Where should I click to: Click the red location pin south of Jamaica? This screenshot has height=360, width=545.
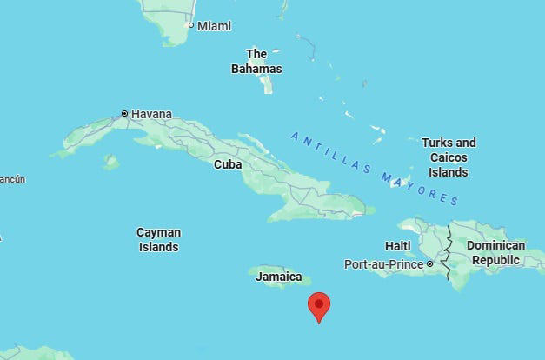coord(319,305)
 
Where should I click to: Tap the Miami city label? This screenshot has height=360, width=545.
coord(214,26)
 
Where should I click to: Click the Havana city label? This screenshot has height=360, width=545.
coord(151,114)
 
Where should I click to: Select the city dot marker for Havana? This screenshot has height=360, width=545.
coord(124,113)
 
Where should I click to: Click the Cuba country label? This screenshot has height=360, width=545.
coord(227,163)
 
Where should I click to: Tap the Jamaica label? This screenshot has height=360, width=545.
coord(278,277)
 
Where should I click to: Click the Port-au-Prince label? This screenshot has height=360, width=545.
coord(383,263)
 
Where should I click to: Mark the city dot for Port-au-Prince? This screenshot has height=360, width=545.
coord(429,263)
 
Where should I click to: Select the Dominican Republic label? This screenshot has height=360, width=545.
coord(495,252)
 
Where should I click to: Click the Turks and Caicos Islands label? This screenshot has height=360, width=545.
coord(449,157)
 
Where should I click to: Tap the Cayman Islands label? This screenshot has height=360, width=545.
coord(158,239)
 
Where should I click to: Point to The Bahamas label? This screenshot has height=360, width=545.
coord(256,61)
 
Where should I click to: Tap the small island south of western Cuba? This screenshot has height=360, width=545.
coord(110,162)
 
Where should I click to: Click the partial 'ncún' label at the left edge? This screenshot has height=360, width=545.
coord(12,179)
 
